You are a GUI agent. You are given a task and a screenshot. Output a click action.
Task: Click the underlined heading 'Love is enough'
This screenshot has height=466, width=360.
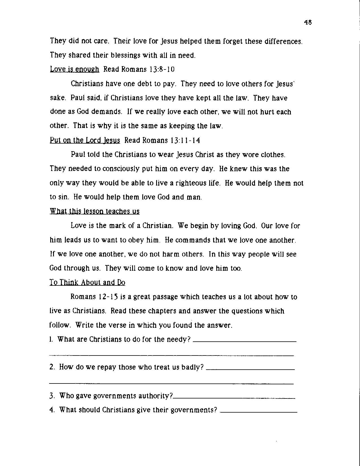75,69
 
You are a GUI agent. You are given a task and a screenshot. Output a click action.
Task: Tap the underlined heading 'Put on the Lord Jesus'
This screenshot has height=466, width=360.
85,140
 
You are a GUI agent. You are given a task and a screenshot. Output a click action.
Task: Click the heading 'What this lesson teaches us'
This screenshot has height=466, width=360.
95,211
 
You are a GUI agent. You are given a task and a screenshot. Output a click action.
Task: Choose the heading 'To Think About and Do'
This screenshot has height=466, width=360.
87,282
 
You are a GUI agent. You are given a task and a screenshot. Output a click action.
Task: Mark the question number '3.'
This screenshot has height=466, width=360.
52,396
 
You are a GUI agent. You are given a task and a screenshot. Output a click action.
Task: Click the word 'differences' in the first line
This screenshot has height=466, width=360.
284,41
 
